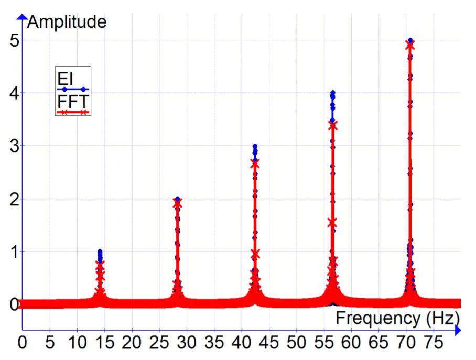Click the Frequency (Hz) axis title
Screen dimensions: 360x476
tap(398, 318)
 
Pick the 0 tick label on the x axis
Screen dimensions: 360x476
tap(23, 345)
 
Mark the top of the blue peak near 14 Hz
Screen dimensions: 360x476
tap(100, 252)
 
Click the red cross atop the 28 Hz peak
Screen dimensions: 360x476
tap(177, 203)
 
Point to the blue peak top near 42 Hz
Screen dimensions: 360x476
tap(255, 146)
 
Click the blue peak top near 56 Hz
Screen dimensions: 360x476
tap(332, 93)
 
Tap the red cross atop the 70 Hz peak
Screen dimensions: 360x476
tap(410, 45)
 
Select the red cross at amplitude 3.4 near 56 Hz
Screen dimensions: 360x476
tap(332, 125)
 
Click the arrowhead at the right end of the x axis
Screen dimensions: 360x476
tap(458, 330)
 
